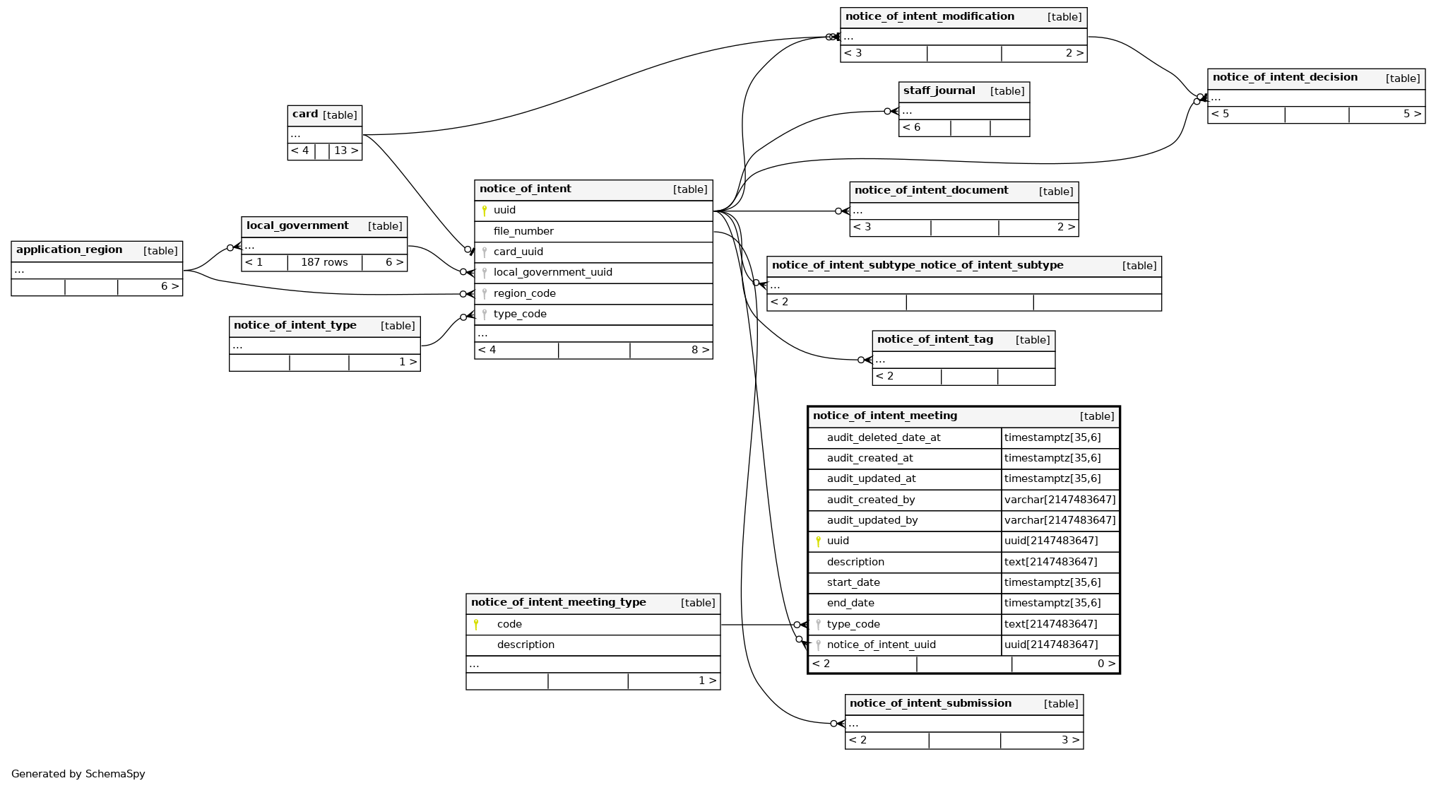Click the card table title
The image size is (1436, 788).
tap(305, 114)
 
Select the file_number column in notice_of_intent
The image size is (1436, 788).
tap(523, 231)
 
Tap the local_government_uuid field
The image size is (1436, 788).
tap(552, 272)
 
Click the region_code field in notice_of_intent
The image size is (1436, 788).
tap(524, 293)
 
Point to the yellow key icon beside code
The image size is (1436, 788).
tap(476, 624)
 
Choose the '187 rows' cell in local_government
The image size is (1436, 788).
tap(324, 262)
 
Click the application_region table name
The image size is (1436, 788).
tap(69, 250)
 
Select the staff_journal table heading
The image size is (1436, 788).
tap(939, 91)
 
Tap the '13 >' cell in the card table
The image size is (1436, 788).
tap(345, 151)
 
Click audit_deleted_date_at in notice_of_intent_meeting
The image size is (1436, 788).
tap(883, 437)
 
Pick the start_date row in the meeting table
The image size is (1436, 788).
tap(853, 582)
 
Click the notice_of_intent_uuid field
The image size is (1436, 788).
tap(881, 645)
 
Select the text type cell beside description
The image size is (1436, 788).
tap(1050, 562)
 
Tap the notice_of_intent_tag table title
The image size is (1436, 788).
tap(934, 340)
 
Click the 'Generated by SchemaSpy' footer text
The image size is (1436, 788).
tap(78, 774)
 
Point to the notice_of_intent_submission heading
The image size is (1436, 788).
tap(930, 704)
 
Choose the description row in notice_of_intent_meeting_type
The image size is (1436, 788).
tap(526, 645)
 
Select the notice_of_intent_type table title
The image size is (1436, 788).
tap(295, 326)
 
